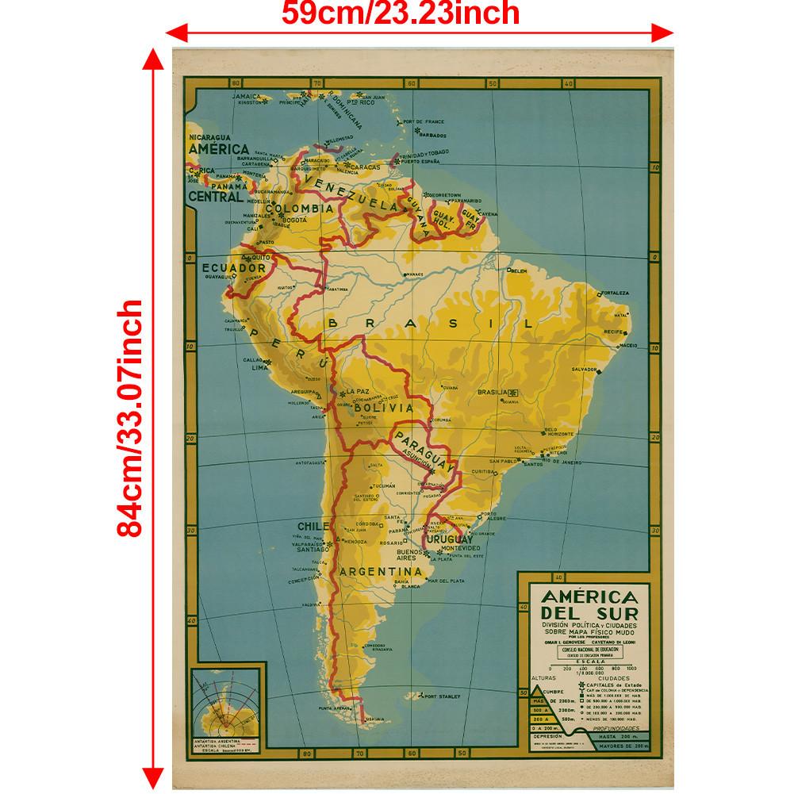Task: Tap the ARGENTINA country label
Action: pos(379,571)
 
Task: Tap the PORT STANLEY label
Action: pos(442,697)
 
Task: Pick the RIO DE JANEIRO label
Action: pos(570,461)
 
